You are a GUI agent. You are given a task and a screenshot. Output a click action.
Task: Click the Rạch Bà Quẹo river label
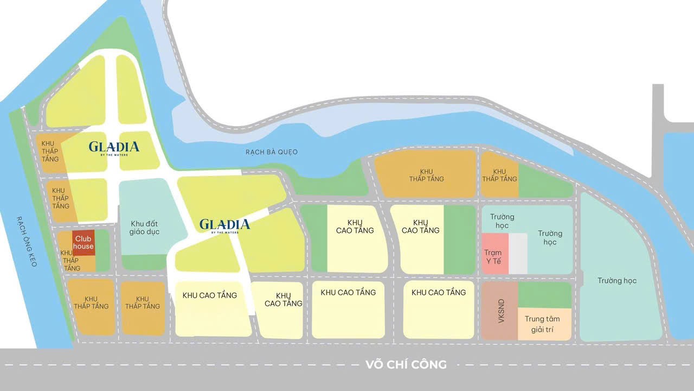(271, 152)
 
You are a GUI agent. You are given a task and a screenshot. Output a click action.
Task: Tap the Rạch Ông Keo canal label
(26, 242)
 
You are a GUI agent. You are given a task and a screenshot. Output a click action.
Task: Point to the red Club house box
(84, 242)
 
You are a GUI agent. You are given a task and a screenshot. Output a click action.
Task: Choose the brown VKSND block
(499, 311)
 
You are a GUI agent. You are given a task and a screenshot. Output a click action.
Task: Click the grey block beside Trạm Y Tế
(518, 254)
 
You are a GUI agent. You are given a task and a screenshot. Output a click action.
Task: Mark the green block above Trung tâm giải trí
(544, 295)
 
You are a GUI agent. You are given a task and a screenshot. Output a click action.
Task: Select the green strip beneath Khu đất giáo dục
(144, 262)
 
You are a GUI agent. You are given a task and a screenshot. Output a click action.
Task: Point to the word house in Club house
(84, 247)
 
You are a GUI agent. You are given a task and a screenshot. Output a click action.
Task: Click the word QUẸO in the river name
(287, 152)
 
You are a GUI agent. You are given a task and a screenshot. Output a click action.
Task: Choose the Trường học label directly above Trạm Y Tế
(502, 221)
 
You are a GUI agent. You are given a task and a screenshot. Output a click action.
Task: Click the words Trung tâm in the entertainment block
(542, 319)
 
